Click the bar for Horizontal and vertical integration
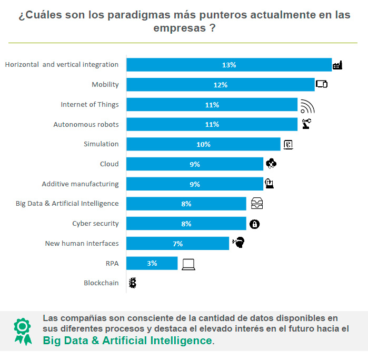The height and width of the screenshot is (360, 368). pos(229,65)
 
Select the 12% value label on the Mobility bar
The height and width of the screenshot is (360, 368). pos(220,85)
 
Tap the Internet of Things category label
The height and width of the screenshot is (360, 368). pos(89,104)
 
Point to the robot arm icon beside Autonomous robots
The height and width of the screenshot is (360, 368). pos(306,124)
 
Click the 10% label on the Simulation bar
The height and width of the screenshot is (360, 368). pos(203,144)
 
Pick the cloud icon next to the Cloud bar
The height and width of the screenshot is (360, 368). pos(271,164)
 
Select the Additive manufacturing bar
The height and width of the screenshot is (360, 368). pos(195,184)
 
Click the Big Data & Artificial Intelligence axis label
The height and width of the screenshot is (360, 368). pos(67,203)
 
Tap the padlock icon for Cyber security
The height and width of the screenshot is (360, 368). pos(254,224)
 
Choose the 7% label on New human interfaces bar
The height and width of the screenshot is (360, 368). pos(178,244)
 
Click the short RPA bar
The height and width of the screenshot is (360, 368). pos(152,263)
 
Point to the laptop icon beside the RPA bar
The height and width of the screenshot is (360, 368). pos(188,264)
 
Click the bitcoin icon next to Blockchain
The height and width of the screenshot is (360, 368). pos(133,283)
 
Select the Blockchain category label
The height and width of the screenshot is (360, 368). pos(101,283)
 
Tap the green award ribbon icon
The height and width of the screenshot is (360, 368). pos(22,331)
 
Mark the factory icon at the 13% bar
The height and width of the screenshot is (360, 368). pos(337,65)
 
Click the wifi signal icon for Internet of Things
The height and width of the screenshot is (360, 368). pos(307,106)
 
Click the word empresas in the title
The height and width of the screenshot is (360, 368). pos(177,28)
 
